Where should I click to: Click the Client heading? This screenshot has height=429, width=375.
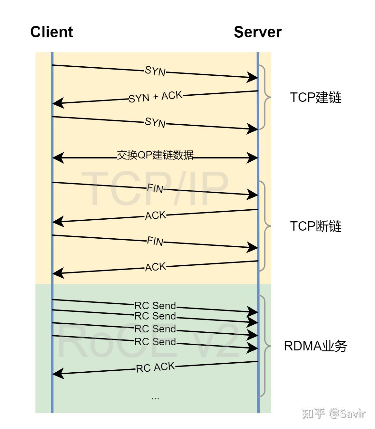(52, 32)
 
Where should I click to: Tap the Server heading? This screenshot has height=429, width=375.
(257, 32)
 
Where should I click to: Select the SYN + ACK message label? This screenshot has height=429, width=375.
(155, 97)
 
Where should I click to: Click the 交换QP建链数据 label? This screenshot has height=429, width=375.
(155, 155)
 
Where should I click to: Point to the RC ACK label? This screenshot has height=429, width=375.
(155, 367)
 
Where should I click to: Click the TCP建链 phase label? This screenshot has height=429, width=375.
(315, 97)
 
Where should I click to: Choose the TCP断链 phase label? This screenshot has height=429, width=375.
(315, 226)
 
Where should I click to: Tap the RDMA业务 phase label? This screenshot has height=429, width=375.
(315, 346)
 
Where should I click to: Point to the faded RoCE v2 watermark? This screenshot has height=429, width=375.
(148, 341)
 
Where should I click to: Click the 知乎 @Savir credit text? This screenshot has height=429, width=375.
(333, 413)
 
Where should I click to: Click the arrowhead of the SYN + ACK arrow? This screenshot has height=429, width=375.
(58, 103)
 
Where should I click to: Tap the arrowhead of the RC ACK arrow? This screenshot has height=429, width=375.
(58, 374)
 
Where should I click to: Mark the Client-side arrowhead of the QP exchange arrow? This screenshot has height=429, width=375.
(58, 158)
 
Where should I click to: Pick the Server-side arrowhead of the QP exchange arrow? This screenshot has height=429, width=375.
(252, 158)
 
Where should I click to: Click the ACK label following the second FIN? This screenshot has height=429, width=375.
(155, 267)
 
